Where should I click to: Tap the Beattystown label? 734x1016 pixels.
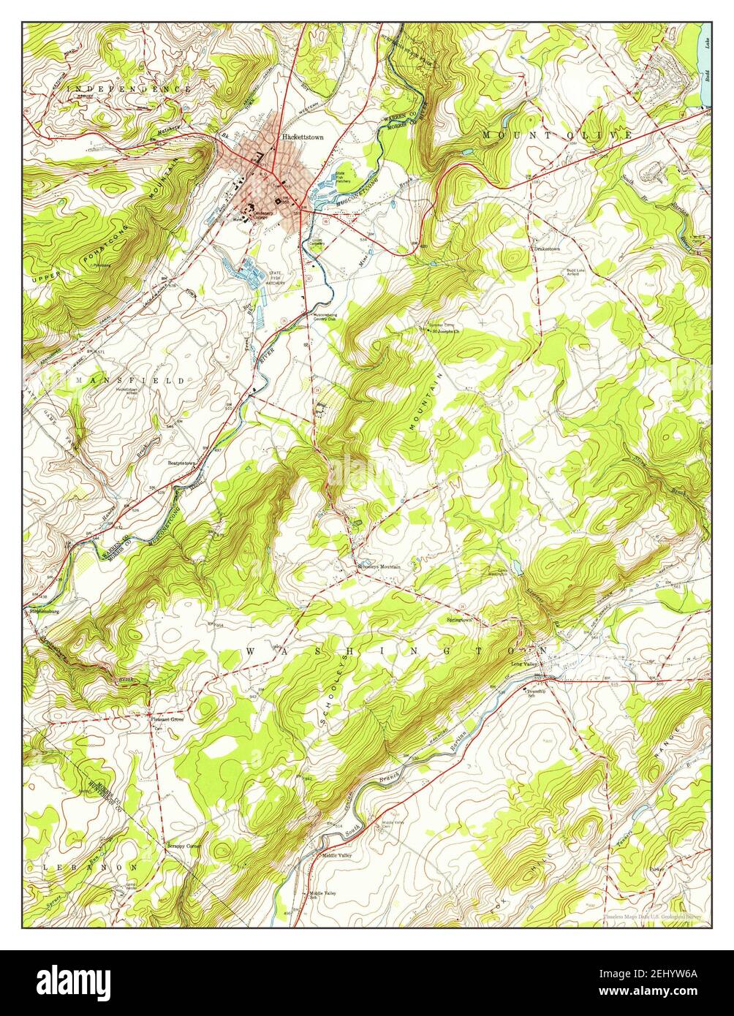(x=181, y=463)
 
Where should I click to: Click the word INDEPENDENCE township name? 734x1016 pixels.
(x=129, y=88)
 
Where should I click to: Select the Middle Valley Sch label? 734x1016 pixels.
(x=322, y=895)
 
